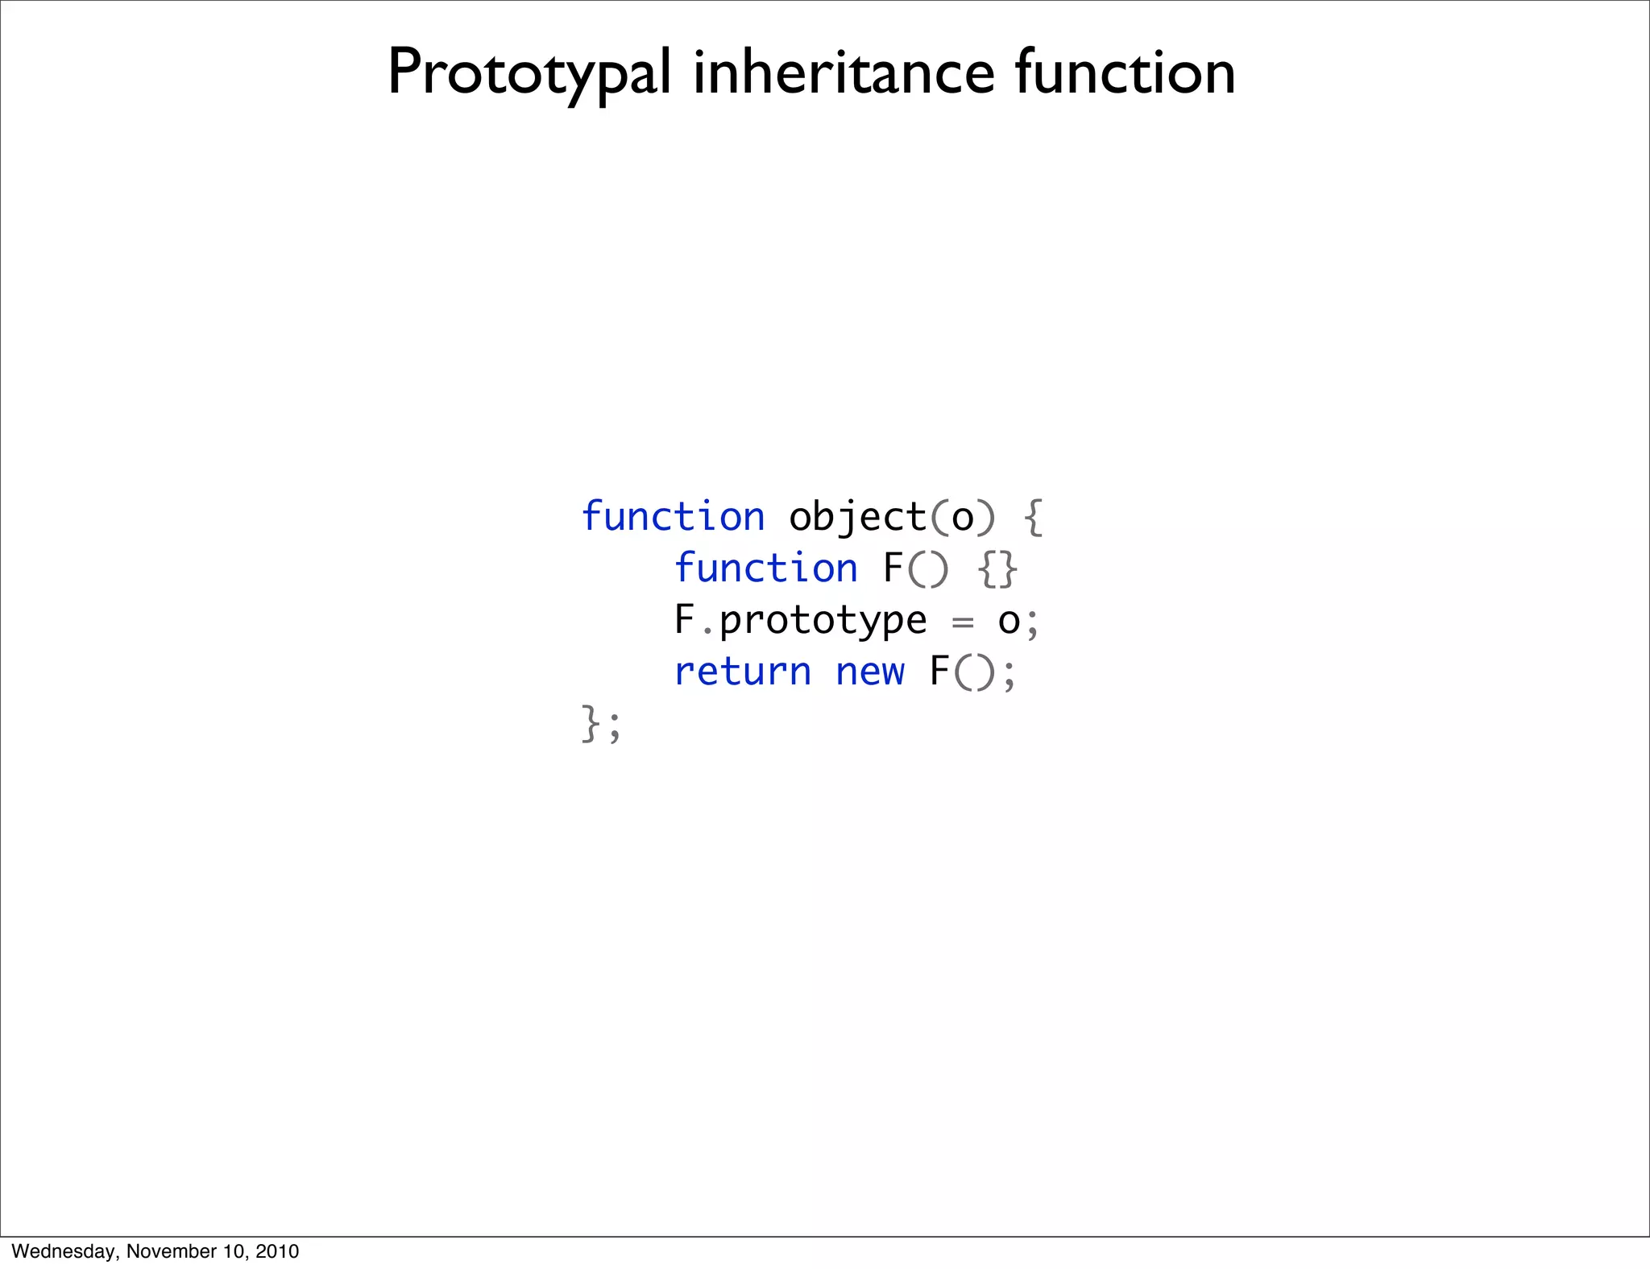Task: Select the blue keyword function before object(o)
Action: [x=673, y=516]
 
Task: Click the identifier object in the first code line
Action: [x=857, y=518]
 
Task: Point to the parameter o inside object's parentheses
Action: [x=963, y=518]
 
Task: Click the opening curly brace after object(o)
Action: [x=1033, y=517]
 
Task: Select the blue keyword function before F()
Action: [x=765, y=568]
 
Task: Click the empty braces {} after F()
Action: [x=997, y=568]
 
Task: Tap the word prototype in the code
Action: [x=823, y=621]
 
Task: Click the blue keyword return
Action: [x=742, y=672]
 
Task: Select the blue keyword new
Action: [x=870, y=672]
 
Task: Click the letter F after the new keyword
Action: [x=939, y=671]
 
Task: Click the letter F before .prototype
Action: [x=685, y=619]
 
